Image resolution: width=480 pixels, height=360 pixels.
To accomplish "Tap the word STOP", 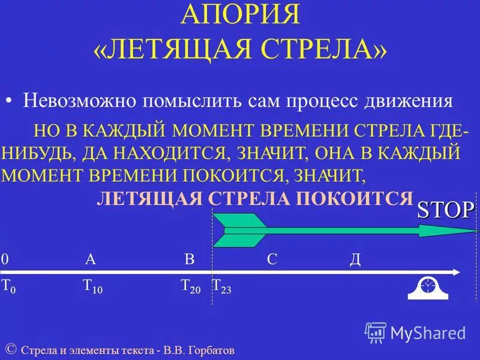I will (445, 210).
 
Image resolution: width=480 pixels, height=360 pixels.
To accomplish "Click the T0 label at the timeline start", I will (8, 286).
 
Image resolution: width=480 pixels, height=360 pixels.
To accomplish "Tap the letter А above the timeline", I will (91, 259).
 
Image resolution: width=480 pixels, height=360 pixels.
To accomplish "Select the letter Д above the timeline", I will (355, 259).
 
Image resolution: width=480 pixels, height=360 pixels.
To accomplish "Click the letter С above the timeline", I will (272, 259).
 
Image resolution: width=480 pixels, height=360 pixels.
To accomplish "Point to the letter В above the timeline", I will (189, 259).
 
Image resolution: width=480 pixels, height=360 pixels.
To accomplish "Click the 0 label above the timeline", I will (5, 259).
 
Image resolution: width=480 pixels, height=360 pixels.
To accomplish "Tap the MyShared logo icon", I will (376, 332).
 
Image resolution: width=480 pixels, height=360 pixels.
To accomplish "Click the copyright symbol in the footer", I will (10, 349).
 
